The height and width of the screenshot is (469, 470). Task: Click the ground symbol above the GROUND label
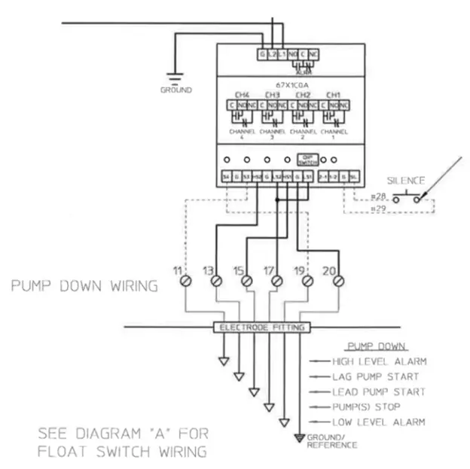[x=175, y=77]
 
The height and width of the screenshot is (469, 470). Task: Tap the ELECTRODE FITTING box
[x=261, y=327]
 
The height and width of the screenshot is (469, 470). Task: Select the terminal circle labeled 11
[x=185, y=281]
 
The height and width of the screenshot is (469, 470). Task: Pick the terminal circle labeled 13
[x=216, y=281]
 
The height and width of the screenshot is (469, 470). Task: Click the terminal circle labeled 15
[x=246, y=281]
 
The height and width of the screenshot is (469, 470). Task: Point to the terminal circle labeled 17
[x=276, y=281]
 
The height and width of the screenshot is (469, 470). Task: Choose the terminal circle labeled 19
[x=307, y=281]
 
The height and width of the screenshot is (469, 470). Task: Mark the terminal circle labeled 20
[x=338, y=281]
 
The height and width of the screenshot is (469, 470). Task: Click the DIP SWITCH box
[x=307, y=160]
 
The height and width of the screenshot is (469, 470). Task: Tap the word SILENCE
[x=406, y=181]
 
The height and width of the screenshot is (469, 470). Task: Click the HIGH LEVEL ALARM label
[x=379, y=361]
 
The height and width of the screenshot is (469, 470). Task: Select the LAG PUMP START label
[x=375, y=376]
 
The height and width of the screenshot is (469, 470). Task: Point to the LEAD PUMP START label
[x=379, y=391]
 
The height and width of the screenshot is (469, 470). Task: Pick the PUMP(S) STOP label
[x=367, y=407]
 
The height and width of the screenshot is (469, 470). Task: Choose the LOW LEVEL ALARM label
[x=379, y=422]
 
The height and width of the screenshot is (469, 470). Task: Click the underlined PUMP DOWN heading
[x=377, y=347]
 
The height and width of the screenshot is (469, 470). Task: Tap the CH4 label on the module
[x=242, y=95]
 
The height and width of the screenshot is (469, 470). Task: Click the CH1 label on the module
[x=332, y=95]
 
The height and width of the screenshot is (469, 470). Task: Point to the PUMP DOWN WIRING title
[x=84, y=286]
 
